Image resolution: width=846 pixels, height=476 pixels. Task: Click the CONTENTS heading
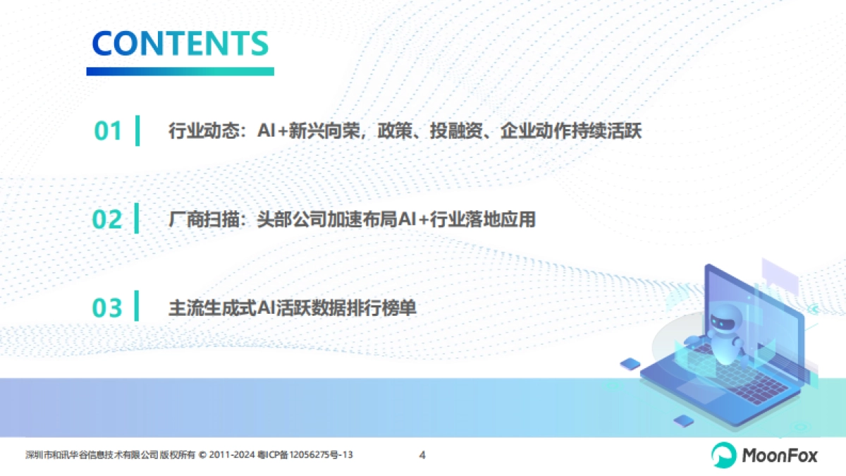(180, 43)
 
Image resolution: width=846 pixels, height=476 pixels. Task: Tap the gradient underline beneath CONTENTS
(180, 71)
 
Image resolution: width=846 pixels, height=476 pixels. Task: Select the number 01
(108, 131)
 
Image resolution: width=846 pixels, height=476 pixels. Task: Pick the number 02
(108, 219)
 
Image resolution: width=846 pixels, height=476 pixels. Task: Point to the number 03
(108, 308)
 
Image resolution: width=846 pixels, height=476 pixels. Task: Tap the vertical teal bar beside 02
(137, 219)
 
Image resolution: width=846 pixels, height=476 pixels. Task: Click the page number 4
(422, 455)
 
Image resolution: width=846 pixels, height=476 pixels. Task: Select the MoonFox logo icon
(723, 455)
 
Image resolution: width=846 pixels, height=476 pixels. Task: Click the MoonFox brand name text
(780, 456)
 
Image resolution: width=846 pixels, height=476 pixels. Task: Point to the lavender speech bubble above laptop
(779, 271)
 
